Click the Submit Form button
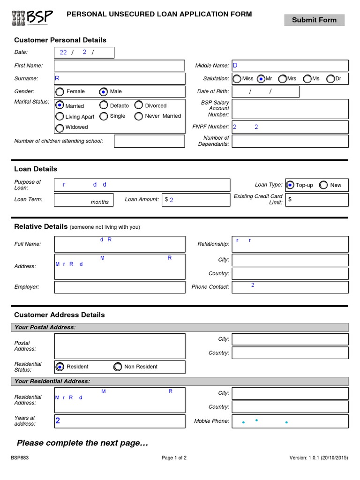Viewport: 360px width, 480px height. pyautogui.click(x=314, y=20)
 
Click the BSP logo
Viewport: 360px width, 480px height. pyautogui.click(x=32, y=18)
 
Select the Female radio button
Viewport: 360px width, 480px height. pyautogui.click(x=60, y=92)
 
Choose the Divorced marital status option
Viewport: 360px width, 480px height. pyautogui.click(x=139, y=105)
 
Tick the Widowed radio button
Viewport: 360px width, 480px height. pyautogui.click(x=60, y=128)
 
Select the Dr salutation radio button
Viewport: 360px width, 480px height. pyautogui.click(x=330, y=79)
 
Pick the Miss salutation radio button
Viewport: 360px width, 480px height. pyautogui.click(x=237, y=79)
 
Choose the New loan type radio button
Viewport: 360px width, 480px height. pyautogui.click(x=323, y=185)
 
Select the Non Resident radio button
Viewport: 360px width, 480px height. pyautogui.click(x=118, y=367)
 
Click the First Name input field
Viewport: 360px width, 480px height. pyautogui.click(x=120, y=66)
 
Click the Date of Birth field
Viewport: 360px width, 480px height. pyautogui.click(x=265, y=92)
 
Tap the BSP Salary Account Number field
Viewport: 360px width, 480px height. pyautogui.click(x=290, y=109)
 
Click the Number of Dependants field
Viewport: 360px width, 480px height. pyautogui.click(x=290, y=141)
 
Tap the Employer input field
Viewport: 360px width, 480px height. pyautogui.click(x=120, y=287)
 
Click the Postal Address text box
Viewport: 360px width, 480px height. pyautogui.click(x=120, y=346)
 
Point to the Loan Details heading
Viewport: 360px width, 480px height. pyautogui.click(x=36, y=169)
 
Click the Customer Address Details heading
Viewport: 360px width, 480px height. pyautogui.click(x=60, y=315)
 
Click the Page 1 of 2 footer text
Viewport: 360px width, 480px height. pyautogui.click(x=174, y=458)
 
